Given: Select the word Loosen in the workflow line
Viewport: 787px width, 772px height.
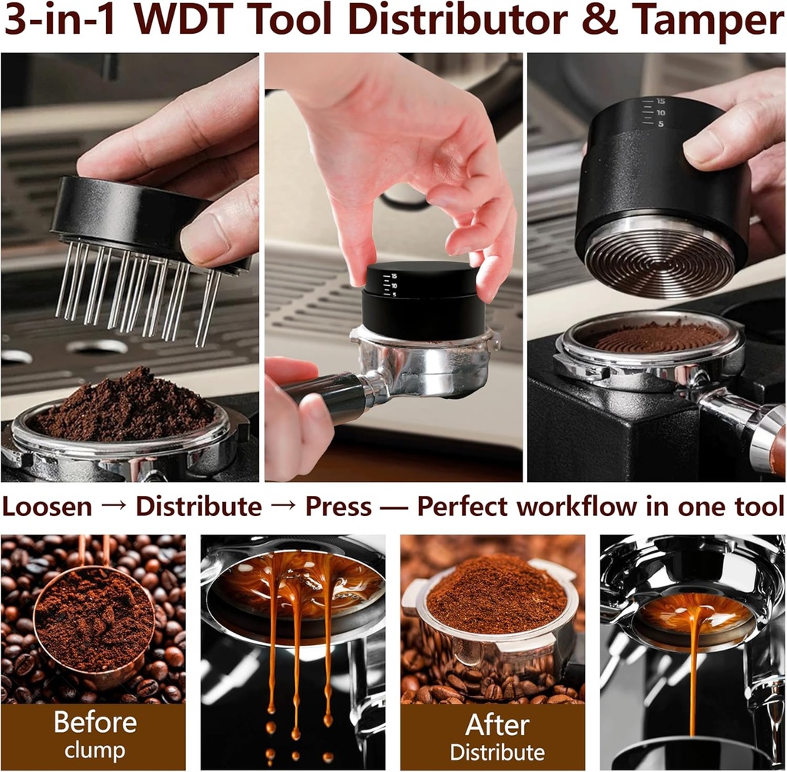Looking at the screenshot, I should pyautogui.click(x=48, y=507).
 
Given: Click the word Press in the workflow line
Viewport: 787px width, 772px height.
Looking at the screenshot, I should pyautogui.click(x=338, y=507).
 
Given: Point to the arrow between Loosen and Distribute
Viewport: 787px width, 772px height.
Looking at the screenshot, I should pyautogui.click(x=114, y=507).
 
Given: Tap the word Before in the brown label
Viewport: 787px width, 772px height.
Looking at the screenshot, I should pyautogui.click(x=95, y=724).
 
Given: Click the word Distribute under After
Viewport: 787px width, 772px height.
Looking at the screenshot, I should pyautogui.click(x=496, y=752).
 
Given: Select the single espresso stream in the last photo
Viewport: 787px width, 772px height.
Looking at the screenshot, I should pyautogui.click(x=694, y=661).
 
